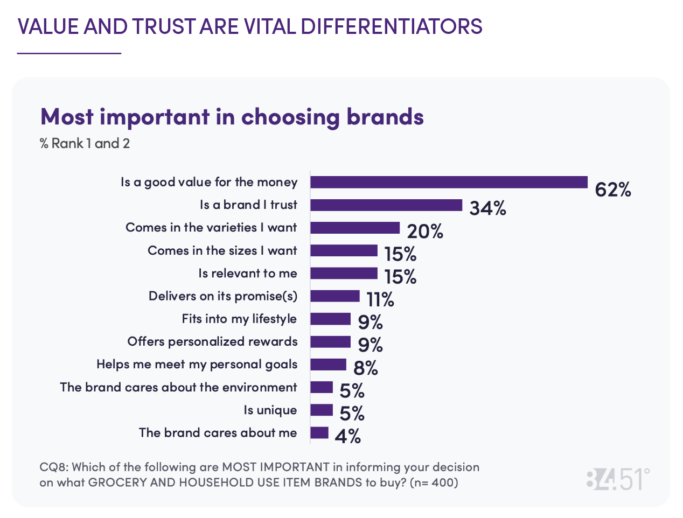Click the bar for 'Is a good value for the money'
click(449, 182)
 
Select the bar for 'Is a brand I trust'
click(386, 205)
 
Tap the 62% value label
click(612, 190)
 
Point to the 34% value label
click(487, 208)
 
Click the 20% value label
click(425, 231)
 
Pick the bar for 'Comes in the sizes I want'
click(344, 250)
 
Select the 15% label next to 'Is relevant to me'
click(400, 277)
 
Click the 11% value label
click(380, 299)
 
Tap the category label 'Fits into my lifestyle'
click(239, 319)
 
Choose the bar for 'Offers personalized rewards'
click(330, 342)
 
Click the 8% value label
click(365, 368)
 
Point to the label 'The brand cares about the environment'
click(178, 387)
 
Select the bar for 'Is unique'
click(322, 410)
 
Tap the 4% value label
click(347, 436)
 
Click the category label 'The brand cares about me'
click(218, 433)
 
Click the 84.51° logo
click(618, 479)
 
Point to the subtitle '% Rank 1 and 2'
click(85, 144)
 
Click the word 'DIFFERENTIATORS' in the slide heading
click(392, 26)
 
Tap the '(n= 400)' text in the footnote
click(434, 482)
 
